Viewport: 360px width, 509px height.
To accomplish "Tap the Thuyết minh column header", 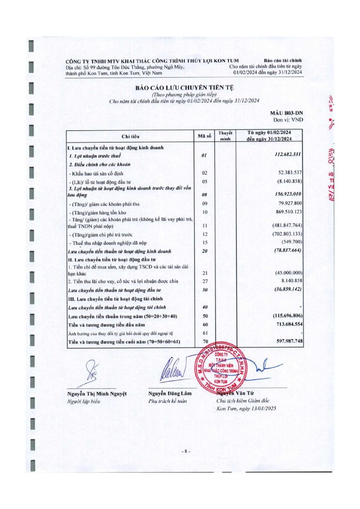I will (x=225, y=136).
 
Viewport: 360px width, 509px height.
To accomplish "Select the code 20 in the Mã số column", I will (x=204, y=251).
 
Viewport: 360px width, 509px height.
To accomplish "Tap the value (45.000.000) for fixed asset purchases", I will (x=287, y=273).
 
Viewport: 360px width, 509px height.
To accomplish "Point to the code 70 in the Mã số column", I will (x=204, y=342).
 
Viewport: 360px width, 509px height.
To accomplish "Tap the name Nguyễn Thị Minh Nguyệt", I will (x=97, y=393).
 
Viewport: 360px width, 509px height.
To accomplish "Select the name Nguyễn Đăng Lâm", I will (x=170, y=393).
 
